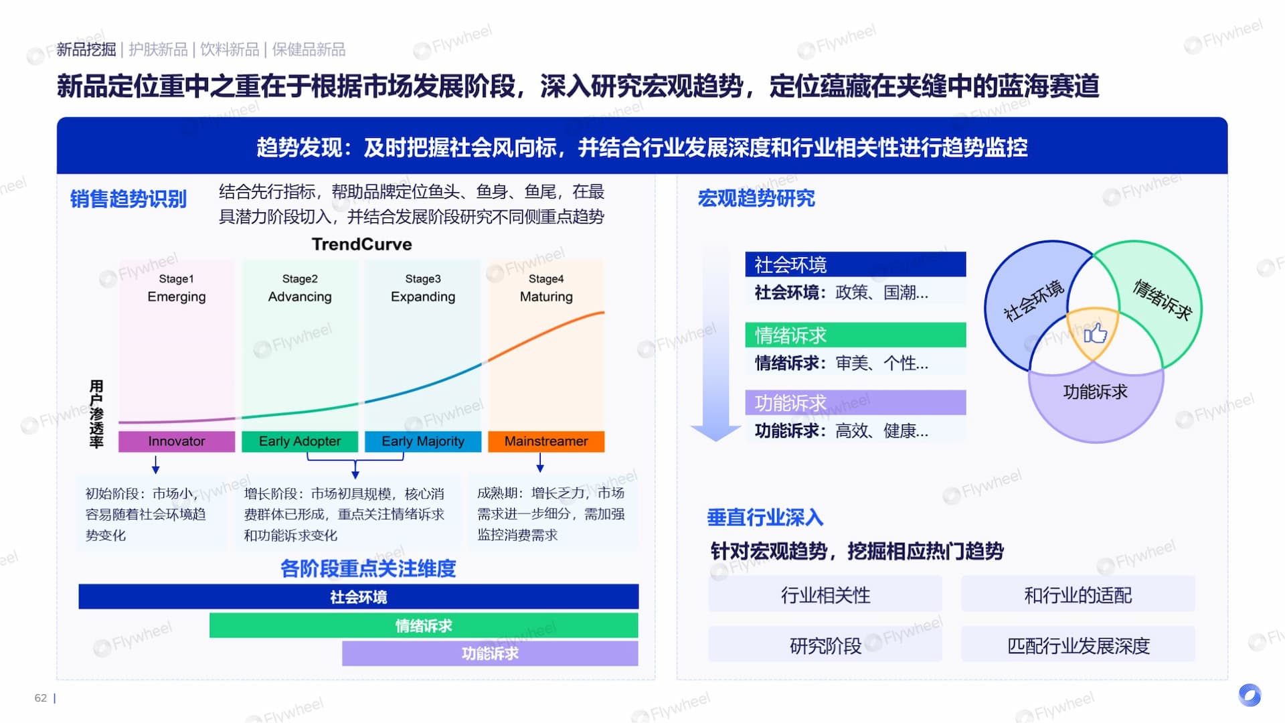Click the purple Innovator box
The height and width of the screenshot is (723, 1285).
pyautogui.click(x=177, y=441)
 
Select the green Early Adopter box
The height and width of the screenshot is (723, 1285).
pyautogui.click(x=300, y=441)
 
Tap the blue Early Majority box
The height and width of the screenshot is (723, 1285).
pyautogui.click(x=423, y=441)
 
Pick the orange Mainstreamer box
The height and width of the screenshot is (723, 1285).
pyautogui.click(x=546, y=441)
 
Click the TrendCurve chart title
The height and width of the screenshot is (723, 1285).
pyautogui.click(x=362, y=244)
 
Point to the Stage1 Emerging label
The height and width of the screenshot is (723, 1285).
pyautogui.click(x=177, y=288)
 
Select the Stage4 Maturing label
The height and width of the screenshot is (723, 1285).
pyautogui.click(x=546, y=288)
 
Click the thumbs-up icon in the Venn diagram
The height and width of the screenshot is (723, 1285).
pyautogui.click(x=1095, y=333)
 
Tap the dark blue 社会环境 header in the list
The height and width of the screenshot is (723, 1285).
pyautogui.click(x=855, y=264)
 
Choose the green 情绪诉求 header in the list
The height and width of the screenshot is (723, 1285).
pyautogui.click(x=855, y=335)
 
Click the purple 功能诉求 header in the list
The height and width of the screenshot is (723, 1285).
pyautogui.click(x=855, y=402)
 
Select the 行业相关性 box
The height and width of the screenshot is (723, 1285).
pyautogui.click(x=825, y=594)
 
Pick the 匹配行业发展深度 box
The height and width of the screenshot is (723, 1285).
pyautogui.click(x=1078, y=645)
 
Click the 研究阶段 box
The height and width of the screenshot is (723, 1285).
pyautogui.click(x=825, y=645)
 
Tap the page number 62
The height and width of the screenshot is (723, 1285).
pyautogui.click(x=41, y=698)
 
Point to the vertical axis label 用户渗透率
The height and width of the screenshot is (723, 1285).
pyautogui.click(x=96, y=414)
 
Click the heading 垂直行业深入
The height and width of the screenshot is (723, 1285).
pyautogui.click(x=765, y=517)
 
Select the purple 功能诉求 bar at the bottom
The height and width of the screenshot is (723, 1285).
pyautogui.click(x=490, y=653)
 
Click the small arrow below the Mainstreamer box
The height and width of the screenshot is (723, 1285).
pyautogui.click(x=540, y=463)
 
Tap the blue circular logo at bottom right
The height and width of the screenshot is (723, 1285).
pyautogui.click(x=1250, y=695)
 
